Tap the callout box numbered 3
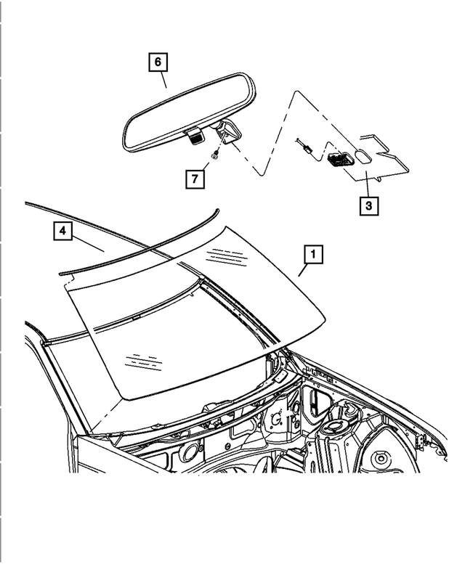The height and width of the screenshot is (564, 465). pyautogui.click(x=368, y=206)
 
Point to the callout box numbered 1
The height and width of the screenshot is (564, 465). pyautogui.click(x=313, y=255)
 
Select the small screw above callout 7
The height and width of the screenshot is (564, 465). pyautogui.click(x=214, y=156)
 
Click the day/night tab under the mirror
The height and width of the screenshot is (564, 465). pyautogui.click(x=193, y=137)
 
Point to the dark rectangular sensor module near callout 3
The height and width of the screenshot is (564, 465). pyautogui.click(x=339, y=160)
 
